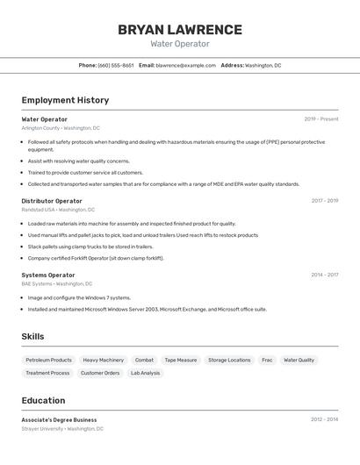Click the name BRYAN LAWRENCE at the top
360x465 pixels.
tap(180, 29)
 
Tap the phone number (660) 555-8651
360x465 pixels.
tap(116, 65)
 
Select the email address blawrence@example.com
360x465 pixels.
tap(185, 65)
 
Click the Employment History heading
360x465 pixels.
tap(65, 100)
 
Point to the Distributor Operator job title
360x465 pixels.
tap(52, 201)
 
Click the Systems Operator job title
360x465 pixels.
tap(48, 275)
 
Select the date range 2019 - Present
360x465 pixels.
tap(321, 119)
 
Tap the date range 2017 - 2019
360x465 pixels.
tap(324, 201)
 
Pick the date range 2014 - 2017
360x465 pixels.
tap(324, 275)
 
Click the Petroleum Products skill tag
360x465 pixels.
tap(48, 360)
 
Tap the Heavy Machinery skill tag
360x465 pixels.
tap(104, 360)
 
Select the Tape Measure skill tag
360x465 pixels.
tap(181, 360)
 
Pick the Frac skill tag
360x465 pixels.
tap(267, 360)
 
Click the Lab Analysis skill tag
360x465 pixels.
tap(146, 373)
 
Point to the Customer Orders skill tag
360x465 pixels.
tap(100, 373)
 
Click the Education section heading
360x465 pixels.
tap(43, 400)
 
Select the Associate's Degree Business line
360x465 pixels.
tap(59, 419)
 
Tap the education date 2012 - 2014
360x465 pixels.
tap(324, 419)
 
